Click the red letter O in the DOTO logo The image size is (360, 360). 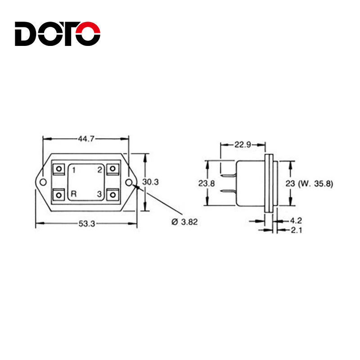88,34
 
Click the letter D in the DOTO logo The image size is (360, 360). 25,34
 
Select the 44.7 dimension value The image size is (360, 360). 86,139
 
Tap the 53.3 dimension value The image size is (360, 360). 86,223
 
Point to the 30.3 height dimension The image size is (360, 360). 150,182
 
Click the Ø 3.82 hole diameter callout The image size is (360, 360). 184,222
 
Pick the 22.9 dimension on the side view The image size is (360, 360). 243,144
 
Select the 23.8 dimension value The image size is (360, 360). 207,183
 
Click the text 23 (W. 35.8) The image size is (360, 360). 309,184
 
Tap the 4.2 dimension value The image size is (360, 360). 296,220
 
